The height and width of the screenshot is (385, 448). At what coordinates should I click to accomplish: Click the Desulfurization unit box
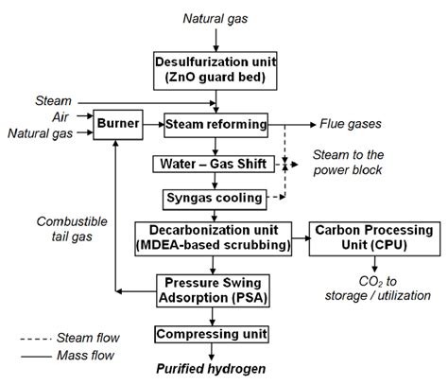(x=218, y=66)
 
